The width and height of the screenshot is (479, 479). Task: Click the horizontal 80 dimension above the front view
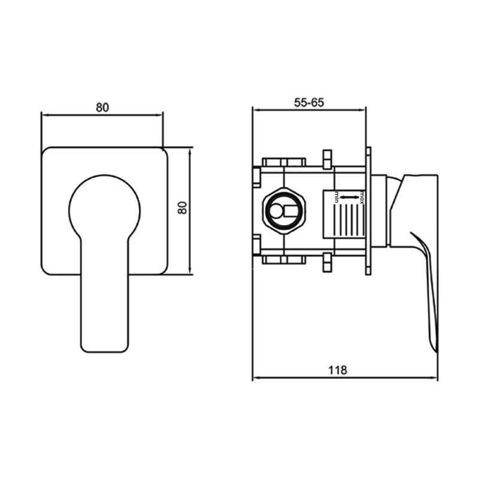102,107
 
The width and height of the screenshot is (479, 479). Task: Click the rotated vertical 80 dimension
183,208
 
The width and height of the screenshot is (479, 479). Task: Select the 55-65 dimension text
309,102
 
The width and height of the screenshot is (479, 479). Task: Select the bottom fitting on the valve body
284,259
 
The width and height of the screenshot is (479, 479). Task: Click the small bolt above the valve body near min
327,159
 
